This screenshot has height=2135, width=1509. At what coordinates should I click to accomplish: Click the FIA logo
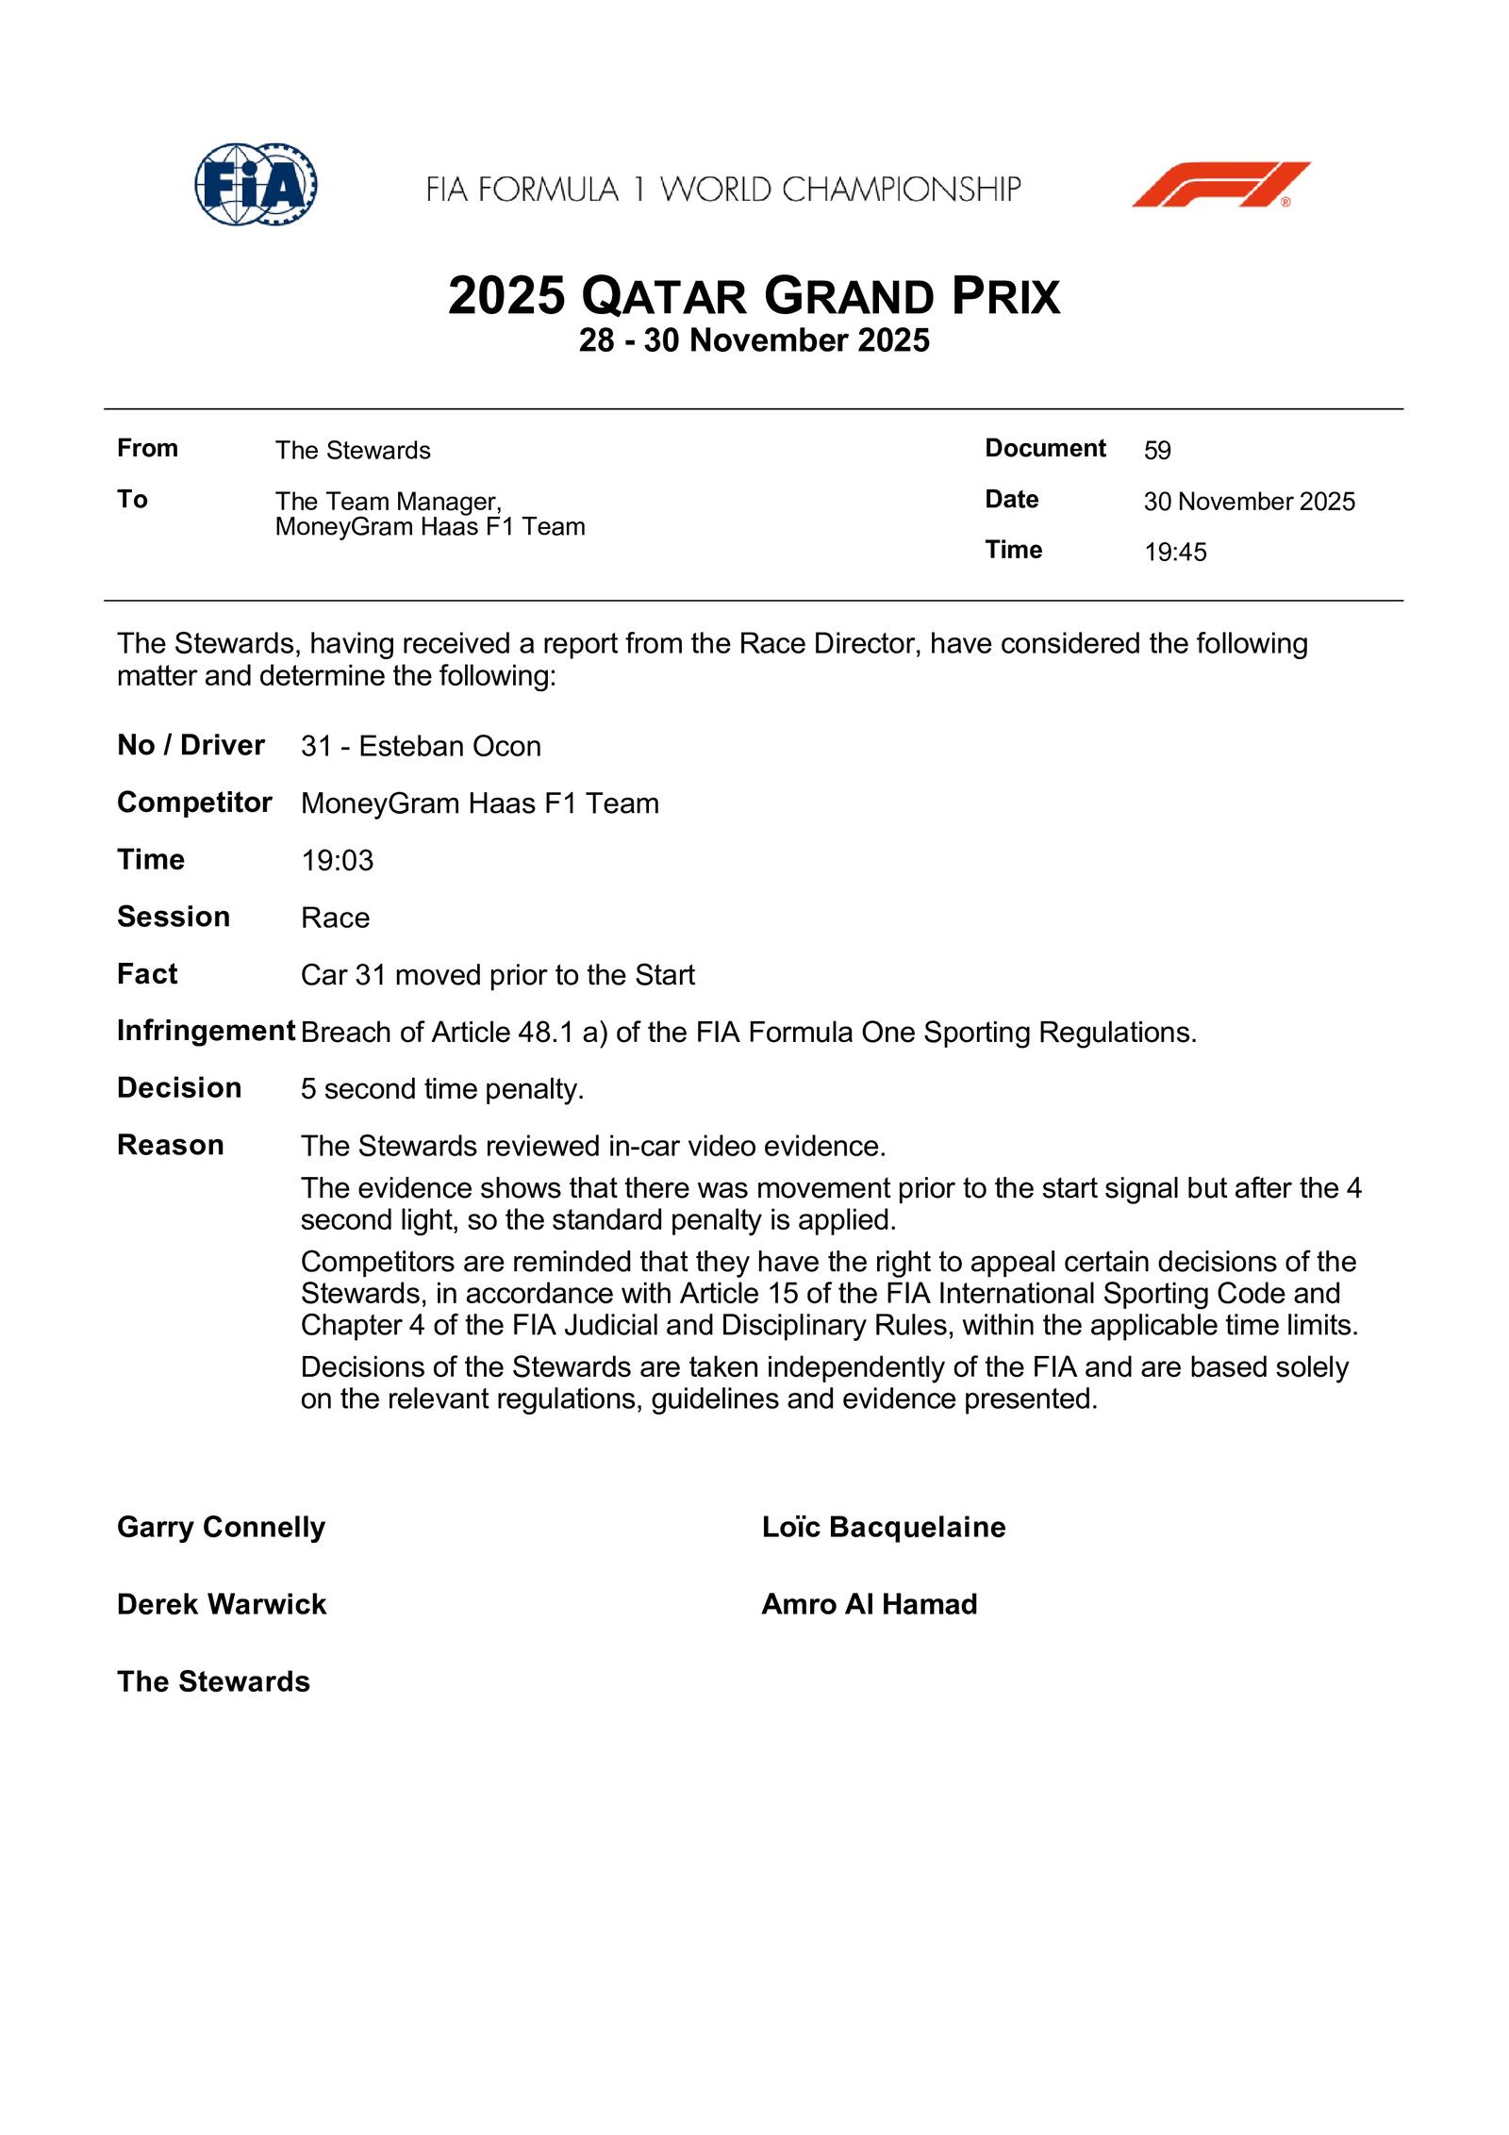[256, 185]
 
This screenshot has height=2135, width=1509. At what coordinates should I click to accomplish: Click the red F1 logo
[1220, 185]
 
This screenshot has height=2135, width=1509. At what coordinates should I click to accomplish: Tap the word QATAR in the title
[664, 297]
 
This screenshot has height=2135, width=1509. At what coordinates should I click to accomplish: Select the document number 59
[1157, 451]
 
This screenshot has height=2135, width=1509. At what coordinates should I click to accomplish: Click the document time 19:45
[1175, 553]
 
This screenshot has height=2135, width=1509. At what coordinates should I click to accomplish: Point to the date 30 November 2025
[1249, 502]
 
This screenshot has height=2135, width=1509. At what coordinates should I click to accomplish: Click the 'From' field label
[147, 449]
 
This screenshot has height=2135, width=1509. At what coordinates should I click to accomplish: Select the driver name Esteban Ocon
[450, 747]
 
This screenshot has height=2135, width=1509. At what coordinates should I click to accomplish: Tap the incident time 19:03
[337, 861]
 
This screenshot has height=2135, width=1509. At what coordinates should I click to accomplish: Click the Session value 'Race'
[335, 919]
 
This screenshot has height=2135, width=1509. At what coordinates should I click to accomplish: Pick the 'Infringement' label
[206, 1032]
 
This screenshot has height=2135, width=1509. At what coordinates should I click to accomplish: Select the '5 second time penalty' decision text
[442, 1089]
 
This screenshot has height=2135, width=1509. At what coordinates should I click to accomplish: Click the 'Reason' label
[171, 1146]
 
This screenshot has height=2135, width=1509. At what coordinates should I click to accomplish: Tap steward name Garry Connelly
[221, 1527]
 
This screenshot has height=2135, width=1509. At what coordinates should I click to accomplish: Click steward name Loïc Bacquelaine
[884, 1527]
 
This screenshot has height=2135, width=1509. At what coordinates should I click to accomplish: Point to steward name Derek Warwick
[222, 1604]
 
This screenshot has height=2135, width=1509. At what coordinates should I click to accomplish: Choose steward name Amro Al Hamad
[870, 1604]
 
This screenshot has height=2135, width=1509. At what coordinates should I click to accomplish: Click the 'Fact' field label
[147, 974]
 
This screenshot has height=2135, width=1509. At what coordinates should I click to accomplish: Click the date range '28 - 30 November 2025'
[754, 340]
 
